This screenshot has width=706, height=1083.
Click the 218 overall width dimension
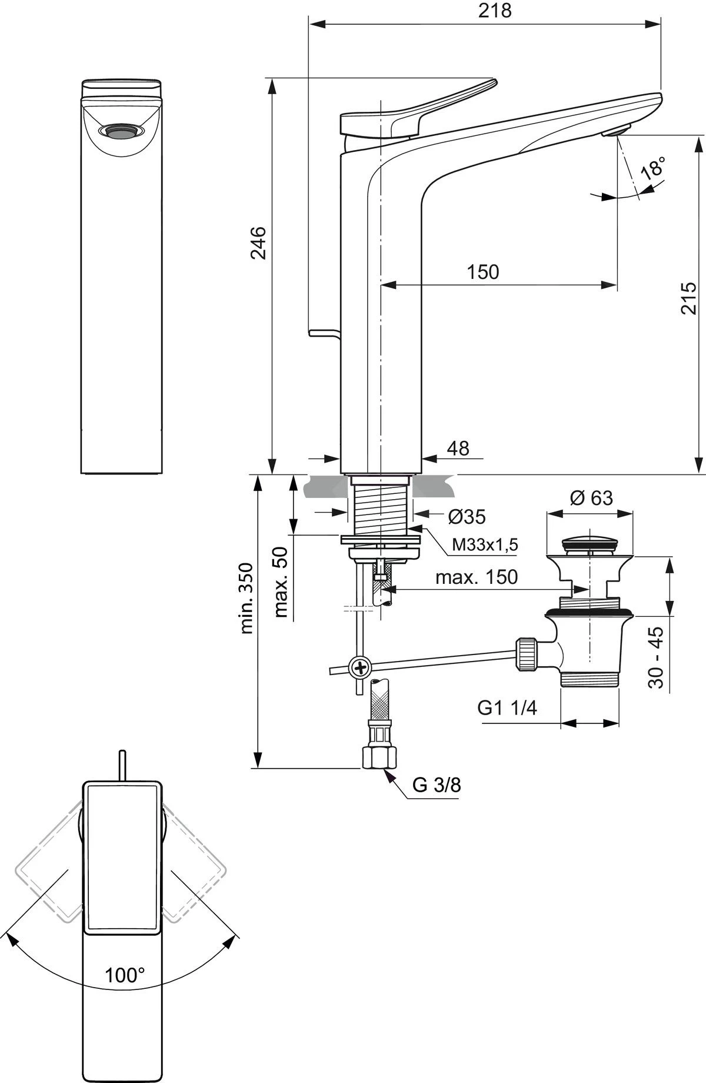494,11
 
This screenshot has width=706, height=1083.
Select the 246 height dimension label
259,242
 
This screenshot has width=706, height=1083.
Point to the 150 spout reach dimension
482,272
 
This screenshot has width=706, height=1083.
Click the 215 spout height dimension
688,298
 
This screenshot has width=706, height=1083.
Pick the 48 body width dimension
458,449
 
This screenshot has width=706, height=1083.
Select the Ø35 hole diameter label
467,517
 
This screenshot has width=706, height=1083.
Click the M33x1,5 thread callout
485,545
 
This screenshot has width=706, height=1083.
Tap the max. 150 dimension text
477,577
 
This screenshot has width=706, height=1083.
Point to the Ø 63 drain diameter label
591,498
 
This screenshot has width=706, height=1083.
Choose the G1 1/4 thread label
507,707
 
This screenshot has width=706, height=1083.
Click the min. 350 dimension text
247,598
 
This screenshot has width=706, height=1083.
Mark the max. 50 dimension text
281,582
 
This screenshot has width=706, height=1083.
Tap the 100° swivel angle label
125,975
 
